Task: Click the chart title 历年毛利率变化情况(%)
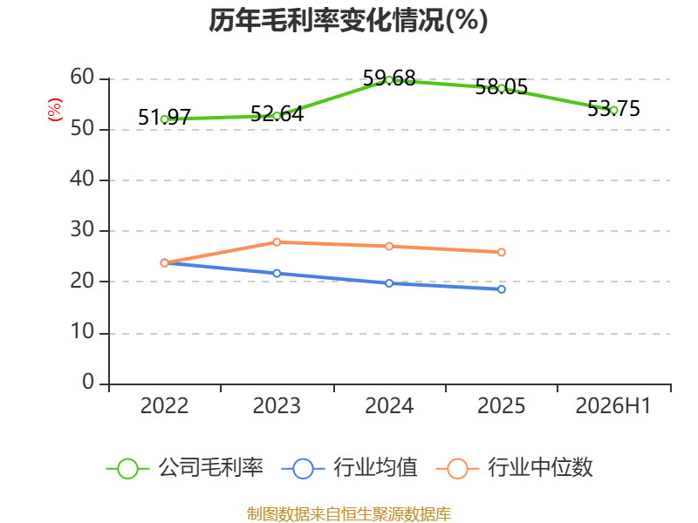[x=348, y=20]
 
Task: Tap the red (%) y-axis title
[x=55, y=110]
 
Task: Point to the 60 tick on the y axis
[x=82, y=77]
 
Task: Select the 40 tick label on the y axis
[x=82, y=179]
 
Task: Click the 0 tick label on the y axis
[x=88, y=382]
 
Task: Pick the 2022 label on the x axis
[x=164, y=405]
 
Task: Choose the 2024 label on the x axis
[x=389, y=405]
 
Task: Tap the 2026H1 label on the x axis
[x=613, y=405]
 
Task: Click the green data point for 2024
[x=389, y=80]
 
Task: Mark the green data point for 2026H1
[x=614, y=111]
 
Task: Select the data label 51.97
[x=164, y=118]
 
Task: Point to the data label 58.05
[x=501, y=86]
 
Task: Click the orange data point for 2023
[x=277, y=242]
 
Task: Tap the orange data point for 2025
[x=501, y=252]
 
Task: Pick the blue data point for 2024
[x=389, y=283]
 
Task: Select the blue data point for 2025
[x=501, y=289]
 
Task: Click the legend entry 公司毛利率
[x=185, y=468]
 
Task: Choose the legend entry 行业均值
[x=350, y=468]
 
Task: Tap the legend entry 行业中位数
[x=514, y=468]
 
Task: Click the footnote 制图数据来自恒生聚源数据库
[x=348, y=514]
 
